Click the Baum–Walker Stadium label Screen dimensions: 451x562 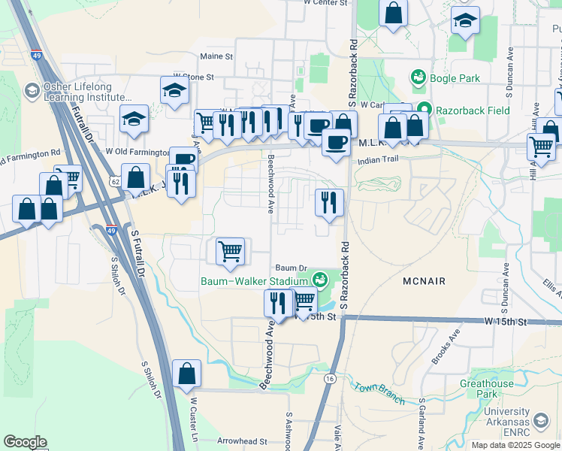pyautogui.click(x=255, y=283)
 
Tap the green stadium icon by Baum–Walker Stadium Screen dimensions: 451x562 pyautogui.click(x=321, y=280)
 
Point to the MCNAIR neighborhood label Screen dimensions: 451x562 pyautogui.click(x=423, y=281)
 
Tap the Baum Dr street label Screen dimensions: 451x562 pyautogui.click(x=292, y=268)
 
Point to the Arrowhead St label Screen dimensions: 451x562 pyautogui.click(x=242, y=441)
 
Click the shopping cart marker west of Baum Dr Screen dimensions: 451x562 pyautogui.click(x=230, y=251)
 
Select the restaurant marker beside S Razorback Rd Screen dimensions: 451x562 pyautogui.click(x=329, y=201)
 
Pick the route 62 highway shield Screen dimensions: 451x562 pyautogui.click(x=114, y=181)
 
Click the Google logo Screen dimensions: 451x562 pyautogui.click(x=25, y=442)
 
